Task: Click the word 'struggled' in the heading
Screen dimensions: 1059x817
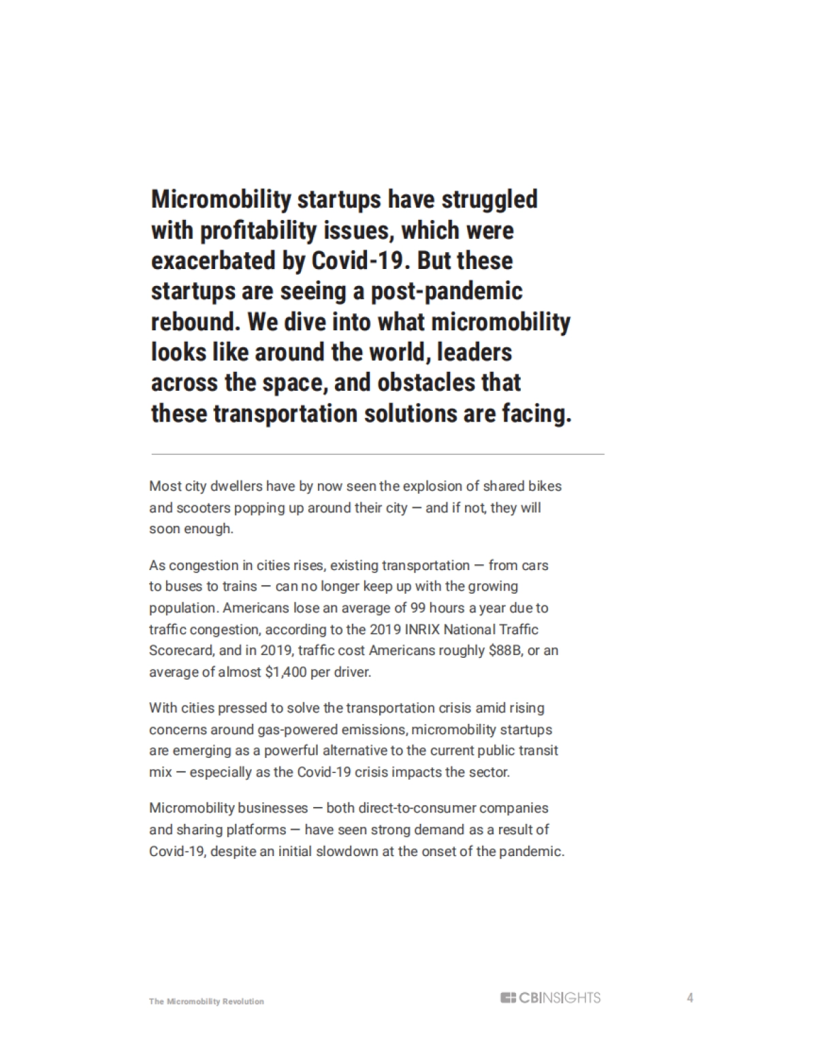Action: (490, 200)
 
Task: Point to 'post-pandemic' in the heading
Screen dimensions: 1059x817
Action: (446, 291)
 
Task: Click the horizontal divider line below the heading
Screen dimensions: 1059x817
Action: (377, 454)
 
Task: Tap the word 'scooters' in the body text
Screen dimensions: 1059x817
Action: (202, 508)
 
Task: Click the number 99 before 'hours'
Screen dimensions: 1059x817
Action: (417, 607)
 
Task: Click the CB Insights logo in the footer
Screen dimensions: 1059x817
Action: (550, 998)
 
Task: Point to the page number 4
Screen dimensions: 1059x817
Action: (690, 998)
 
